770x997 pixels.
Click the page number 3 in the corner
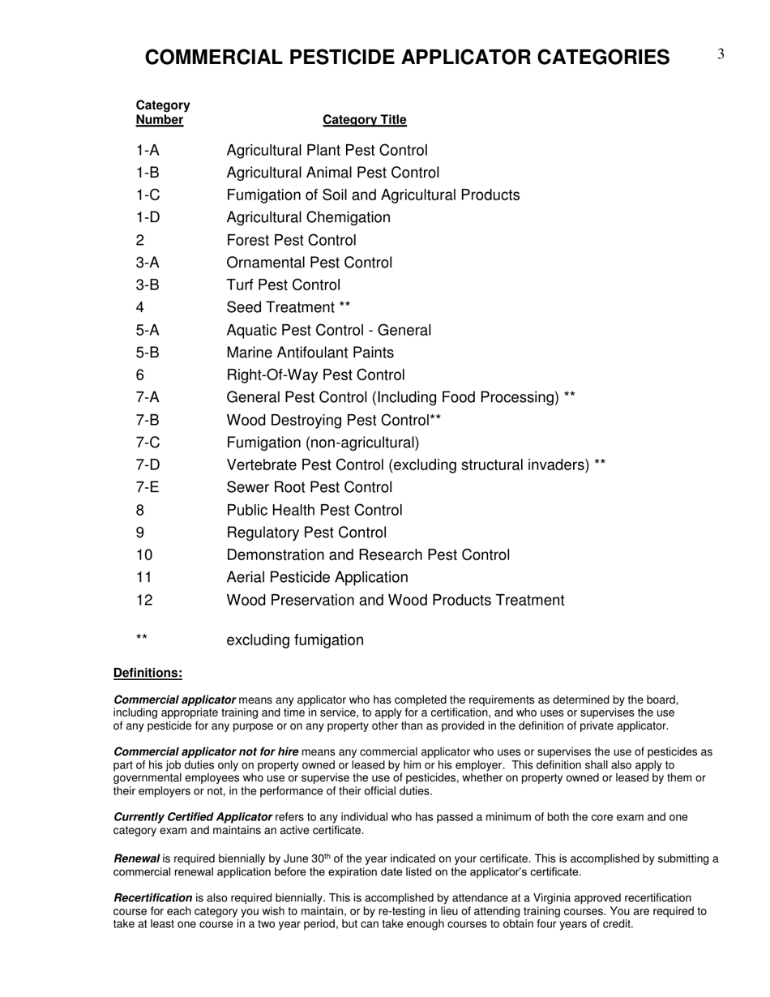pyautogui.click(x=720, y=54)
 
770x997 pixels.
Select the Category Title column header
pyautogui.click(x=365, y=120)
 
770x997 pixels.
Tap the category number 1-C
pyautogui.click(x=148, y=195)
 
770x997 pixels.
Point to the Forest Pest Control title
pyautogui.click(x=291, y=241)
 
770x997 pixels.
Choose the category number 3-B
pyautogui.click(x=148, y=285)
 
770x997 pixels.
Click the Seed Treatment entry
pyautogui.click(x=288, y=308)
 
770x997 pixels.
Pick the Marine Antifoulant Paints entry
pyautogui.click(x=310, y=353)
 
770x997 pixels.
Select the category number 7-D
pyautogui.click(x=148, y=465)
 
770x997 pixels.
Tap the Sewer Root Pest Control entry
pyautogui.click(x=309, y=488)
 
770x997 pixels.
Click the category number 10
pyautogui.click(x=144, y=555)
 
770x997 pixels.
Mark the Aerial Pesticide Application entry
pyautogui.click(x=317, y=578)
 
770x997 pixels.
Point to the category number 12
pyautogui.click(x=144, y=601)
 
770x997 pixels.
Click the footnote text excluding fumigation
pyautogui.click(x=295, y=640)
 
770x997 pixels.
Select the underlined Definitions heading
pyautogui.click(x=148, y=673)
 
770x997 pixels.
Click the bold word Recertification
pyautogui.click(x=152, y=898)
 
